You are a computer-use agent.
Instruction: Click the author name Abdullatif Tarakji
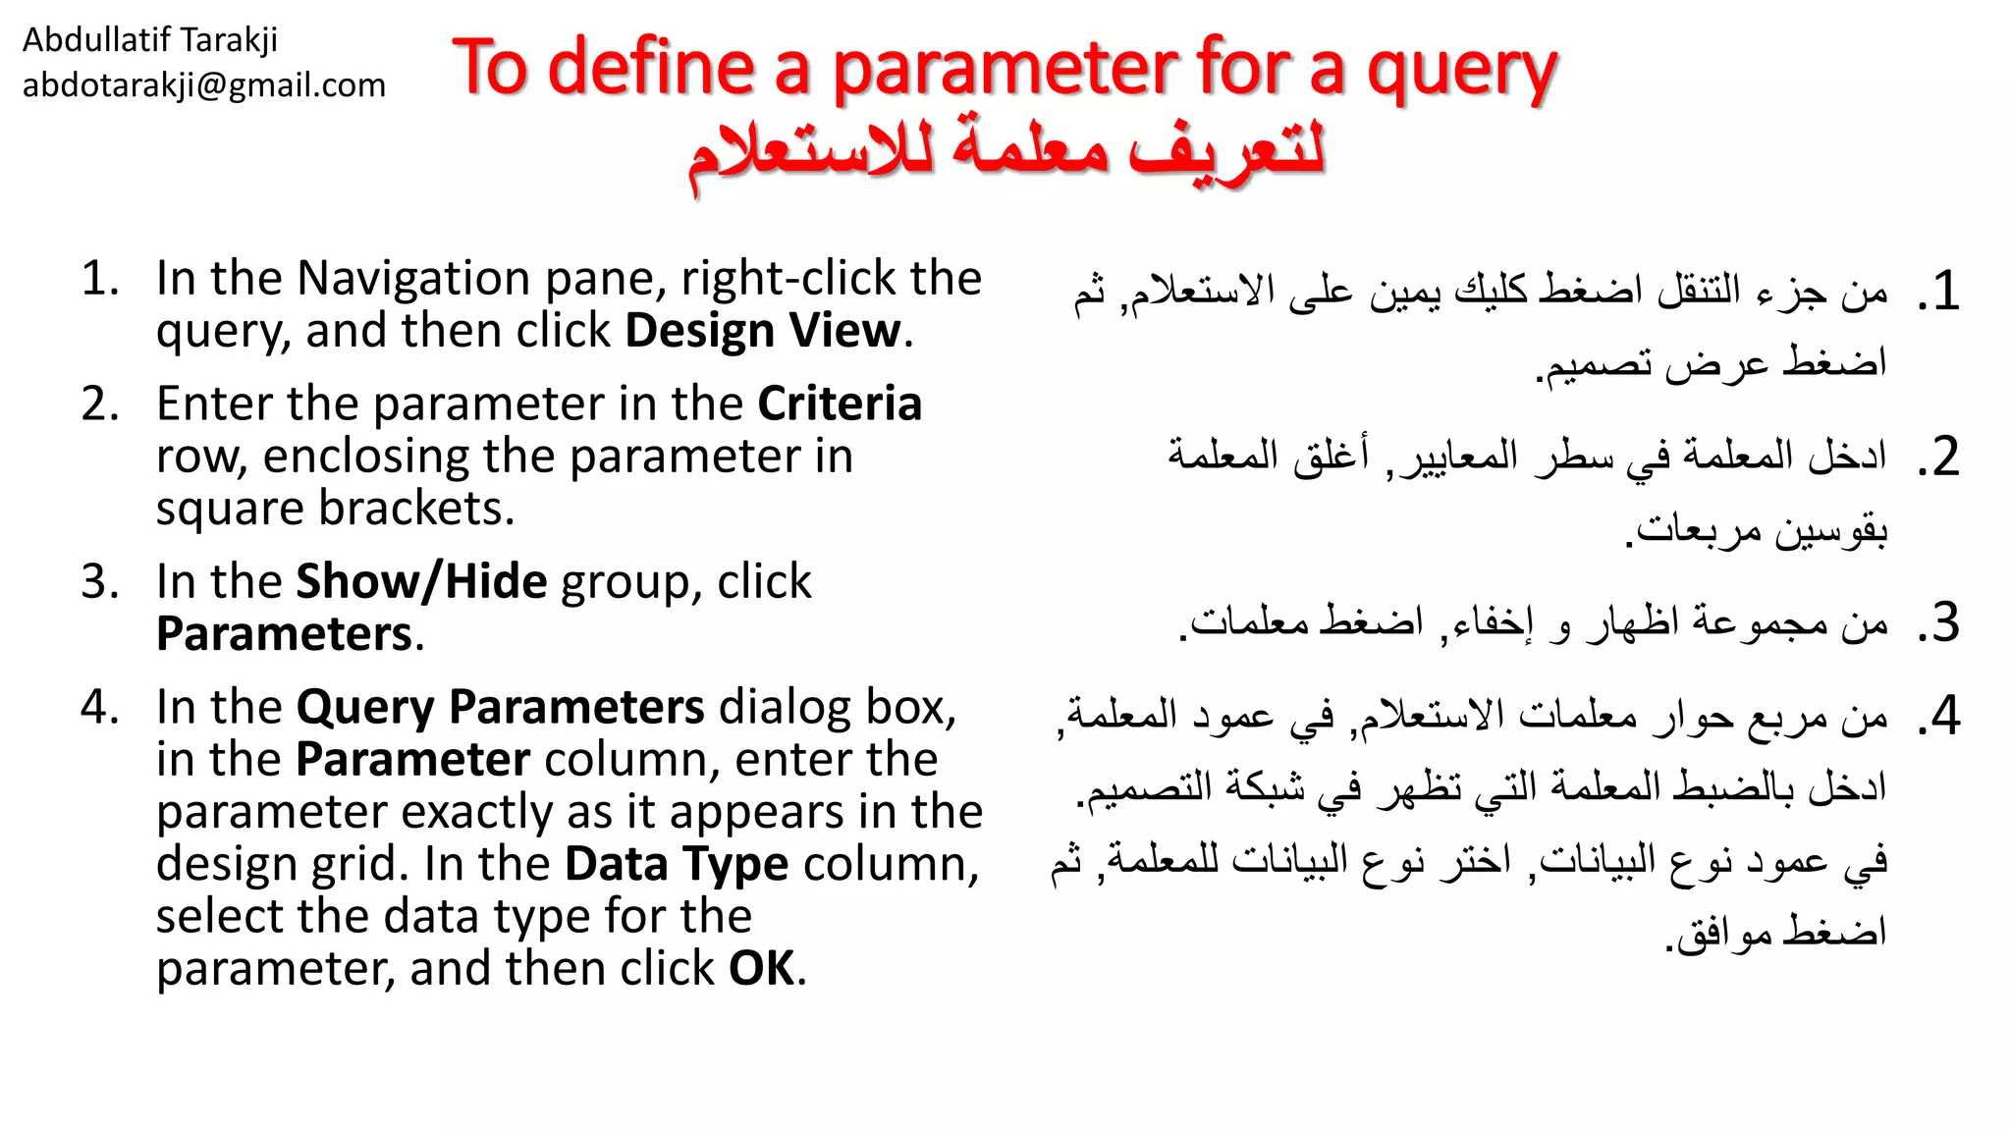point(149,40)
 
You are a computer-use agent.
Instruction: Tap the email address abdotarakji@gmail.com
point(203,85)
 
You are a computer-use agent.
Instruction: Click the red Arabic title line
point(1005,153)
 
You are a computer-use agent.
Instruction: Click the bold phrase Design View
point(763,331)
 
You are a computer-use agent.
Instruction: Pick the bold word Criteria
point(840,404)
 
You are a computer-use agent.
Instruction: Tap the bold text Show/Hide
point(421,581)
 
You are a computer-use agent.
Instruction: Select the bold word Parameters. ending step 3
point(285,634)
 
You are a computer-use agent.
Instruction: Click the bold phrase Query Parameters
point(500,707)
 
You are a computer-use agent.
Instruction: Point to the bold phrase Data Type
point(677,864)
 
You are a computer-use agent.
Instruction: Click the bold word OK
point(761,969)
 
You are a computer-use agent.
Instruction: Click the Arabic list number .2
point(1938,458)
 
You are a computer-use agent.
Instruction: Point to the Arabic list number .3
point(1938,623)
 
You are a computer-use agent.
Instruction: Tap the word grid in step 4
point(359,864)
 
